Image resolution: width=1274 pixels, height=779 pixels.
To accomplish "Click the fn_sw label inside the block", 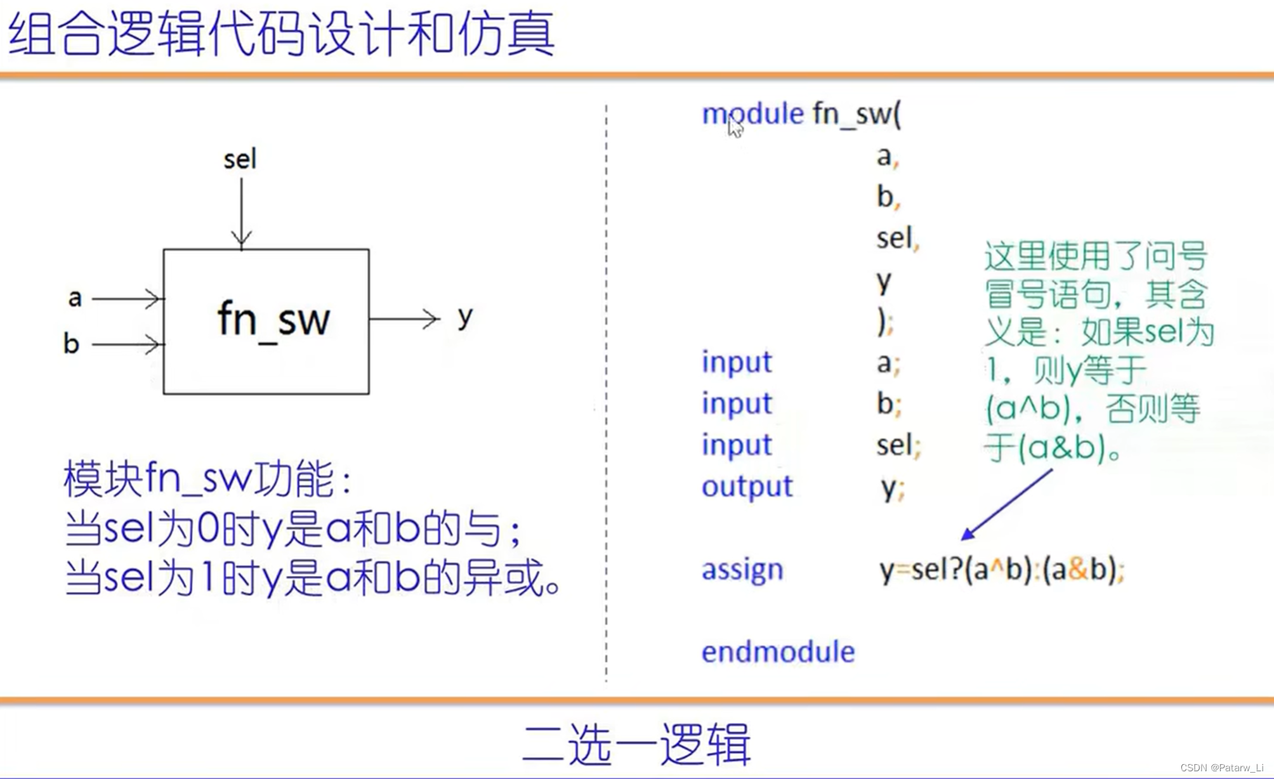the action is pos(273,320).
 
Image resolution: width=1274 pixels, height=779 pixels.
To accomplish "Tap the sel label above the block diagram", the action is pos(240,159).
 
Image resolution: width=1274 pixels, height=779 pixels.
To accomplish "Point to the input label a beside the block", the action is pos(74,298).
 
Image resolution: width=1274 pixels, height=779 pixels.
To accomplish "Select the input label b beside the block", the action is pos(71,343).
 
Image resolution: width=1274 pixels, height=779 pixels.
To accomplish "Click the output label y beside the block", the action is pos(465,317).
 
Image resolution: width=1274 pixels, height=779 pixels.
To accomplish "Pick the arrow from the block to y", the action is pos(405,319).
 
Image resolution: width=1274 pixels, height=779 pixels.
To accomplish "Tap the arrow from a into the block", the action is pos(128,299).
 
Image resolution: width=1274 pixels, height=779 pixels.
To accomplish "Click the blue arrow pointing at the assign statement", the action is pos(1007,504).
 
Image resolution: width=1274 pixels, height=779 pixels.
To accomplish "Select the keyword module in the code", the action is pos(752,114).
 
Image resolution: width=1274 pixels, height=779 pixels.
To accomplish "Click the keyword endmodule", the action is pos(778,652).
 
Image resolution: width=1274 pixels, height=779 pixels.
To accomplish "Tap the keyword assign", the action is pos(742,570).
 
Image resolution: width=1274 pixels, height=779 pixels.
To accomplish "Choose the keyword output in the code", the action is pos(747,487).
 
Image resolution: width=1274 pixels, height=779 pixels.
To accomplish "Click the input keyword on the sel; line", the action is pos(737,445).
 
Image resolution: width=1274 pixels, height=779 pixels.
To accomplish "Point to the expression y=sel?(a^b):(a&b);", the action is pos(1002,570).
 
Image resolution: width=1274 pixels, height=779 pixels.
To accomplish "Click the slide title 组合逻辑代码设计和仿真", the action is pos(282,34).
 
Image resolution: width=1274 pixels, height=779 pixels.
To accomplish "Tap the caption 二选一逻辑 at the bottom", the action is pos(636,744).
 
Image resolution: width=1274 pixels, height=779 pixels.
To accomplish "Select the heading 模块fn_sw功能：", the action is pos(209,478).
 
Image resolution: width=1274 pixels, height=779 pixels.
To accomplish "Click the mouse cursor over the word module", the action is pos(735,127).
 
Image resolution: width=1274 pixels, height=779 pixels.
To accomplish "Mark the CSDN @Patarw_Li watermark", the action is pos(1221,768).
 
